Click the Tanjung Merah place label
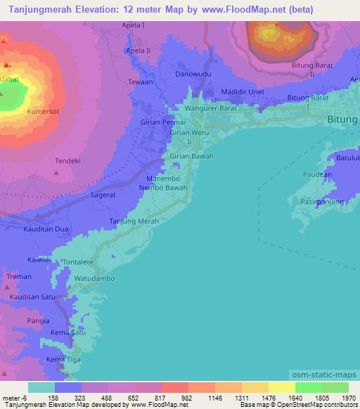[134, 221]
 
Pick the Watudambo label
[95, 278]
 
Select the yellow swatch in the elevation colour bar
[281, 387]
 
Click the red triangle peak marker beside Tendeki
[58, 171]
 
